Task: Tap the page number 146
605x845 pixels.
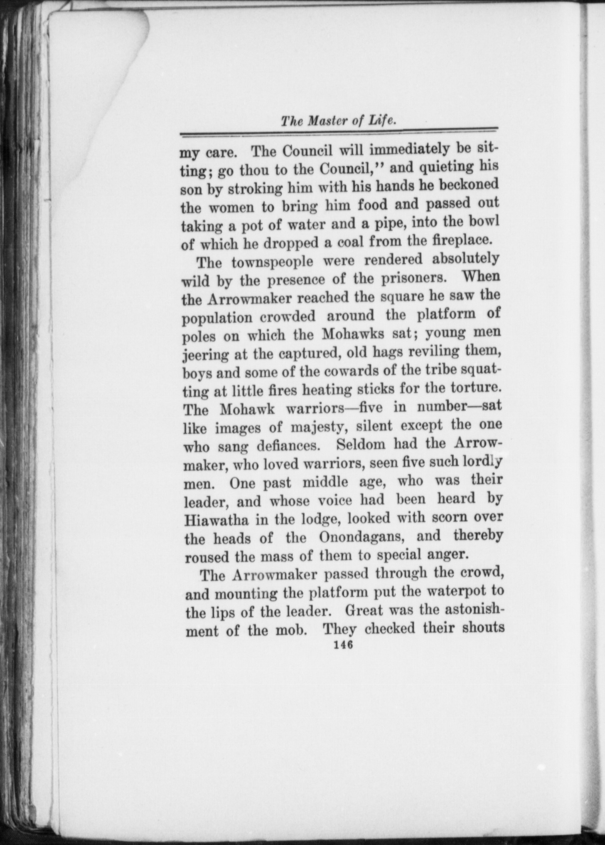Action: (x=340, y=645)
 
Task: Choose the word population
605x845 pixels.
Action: (x=217, y=318)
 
